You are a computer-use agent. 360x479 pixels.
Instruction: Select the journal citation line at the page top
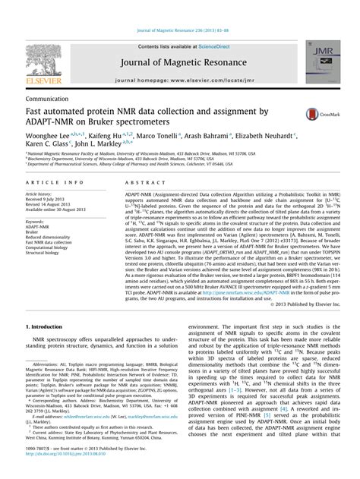(x=180, y=7)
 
